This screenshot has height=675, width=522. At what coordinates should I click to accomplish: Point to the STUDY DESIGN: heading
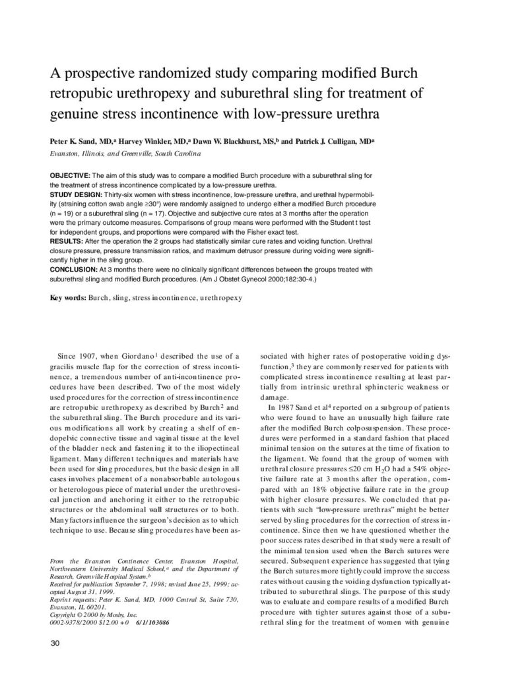point(75,196)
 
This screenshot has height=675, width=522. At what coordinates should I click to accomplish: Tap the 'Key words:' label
point(68,298)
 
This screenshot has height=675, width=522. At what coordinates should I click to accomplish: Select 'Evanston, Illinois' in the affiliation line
point(76,154)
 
